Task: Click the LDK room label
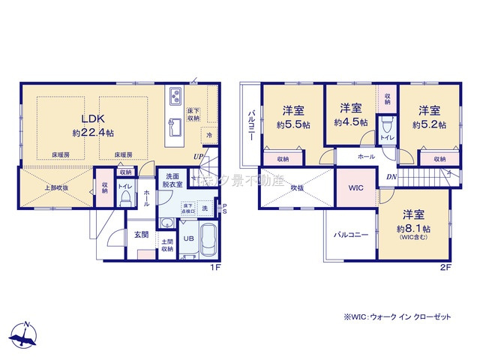click(x=92, y=118)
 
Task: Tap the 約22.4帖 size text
click(x=93, y=132)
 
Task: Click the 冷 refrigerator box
click(x=209, y=136)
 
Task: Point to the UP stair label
click(x=199, y=156)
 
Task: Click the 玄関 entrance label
click(x=141, y=235)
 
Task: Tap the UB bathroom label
click(x=189, y=238)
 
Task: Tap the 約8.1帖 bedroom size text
click(x=415, y=228)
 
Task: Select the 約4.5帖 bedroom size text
click(x=351, y=121)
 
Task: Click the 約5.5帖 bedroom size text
click(x=292, y=124)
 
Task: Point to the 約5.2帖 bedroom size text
click(x=427, y=124)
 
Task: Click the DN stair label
click(x=391, y=176)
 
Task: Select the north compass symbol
click(x=25, y=335)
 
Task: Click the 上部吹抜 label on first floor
click(x=57, y=187)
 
